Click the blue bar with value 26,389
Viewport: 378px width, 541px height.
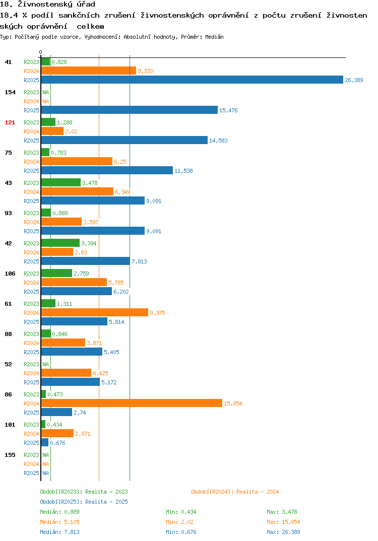coord(192,80)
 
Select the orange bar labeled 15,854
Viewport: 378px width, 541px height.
coord(132,403)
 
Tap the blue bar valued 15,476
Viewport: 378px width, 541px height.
coord(130,110)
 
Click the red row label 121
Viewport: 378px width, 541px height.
coord(10,122)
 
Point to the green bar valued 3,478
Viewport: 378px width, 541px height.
coord(61,182)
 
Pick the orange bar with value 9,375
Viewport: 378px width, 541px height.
coord(95,313)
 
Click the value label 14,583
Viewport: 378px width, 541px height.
coord(218,141)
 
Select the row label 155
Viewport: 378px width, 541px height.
coord(10,455)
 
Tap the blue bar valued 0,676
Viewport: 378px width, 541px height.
coord(45,442)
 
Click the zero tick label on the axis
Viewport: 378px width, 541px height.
coord(40,52)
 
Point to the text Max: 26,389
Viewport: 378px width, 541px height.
coord(283,532)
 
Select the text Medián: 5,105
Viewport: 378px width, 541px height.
coord(59,522)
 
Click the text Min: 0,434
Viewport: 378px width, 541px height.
coord(181,512)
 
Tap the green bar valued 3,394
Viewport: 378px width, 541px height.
coord(60,243)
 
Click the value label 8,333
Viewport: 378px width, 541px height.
coord(145,71)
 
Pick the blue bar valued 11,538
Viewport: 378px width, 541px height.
coord(107,170)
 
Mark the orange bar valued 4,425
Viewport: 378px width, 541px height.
coord(67,373)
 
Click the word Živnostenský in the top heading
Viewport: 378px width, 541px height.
coord(45,5)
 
